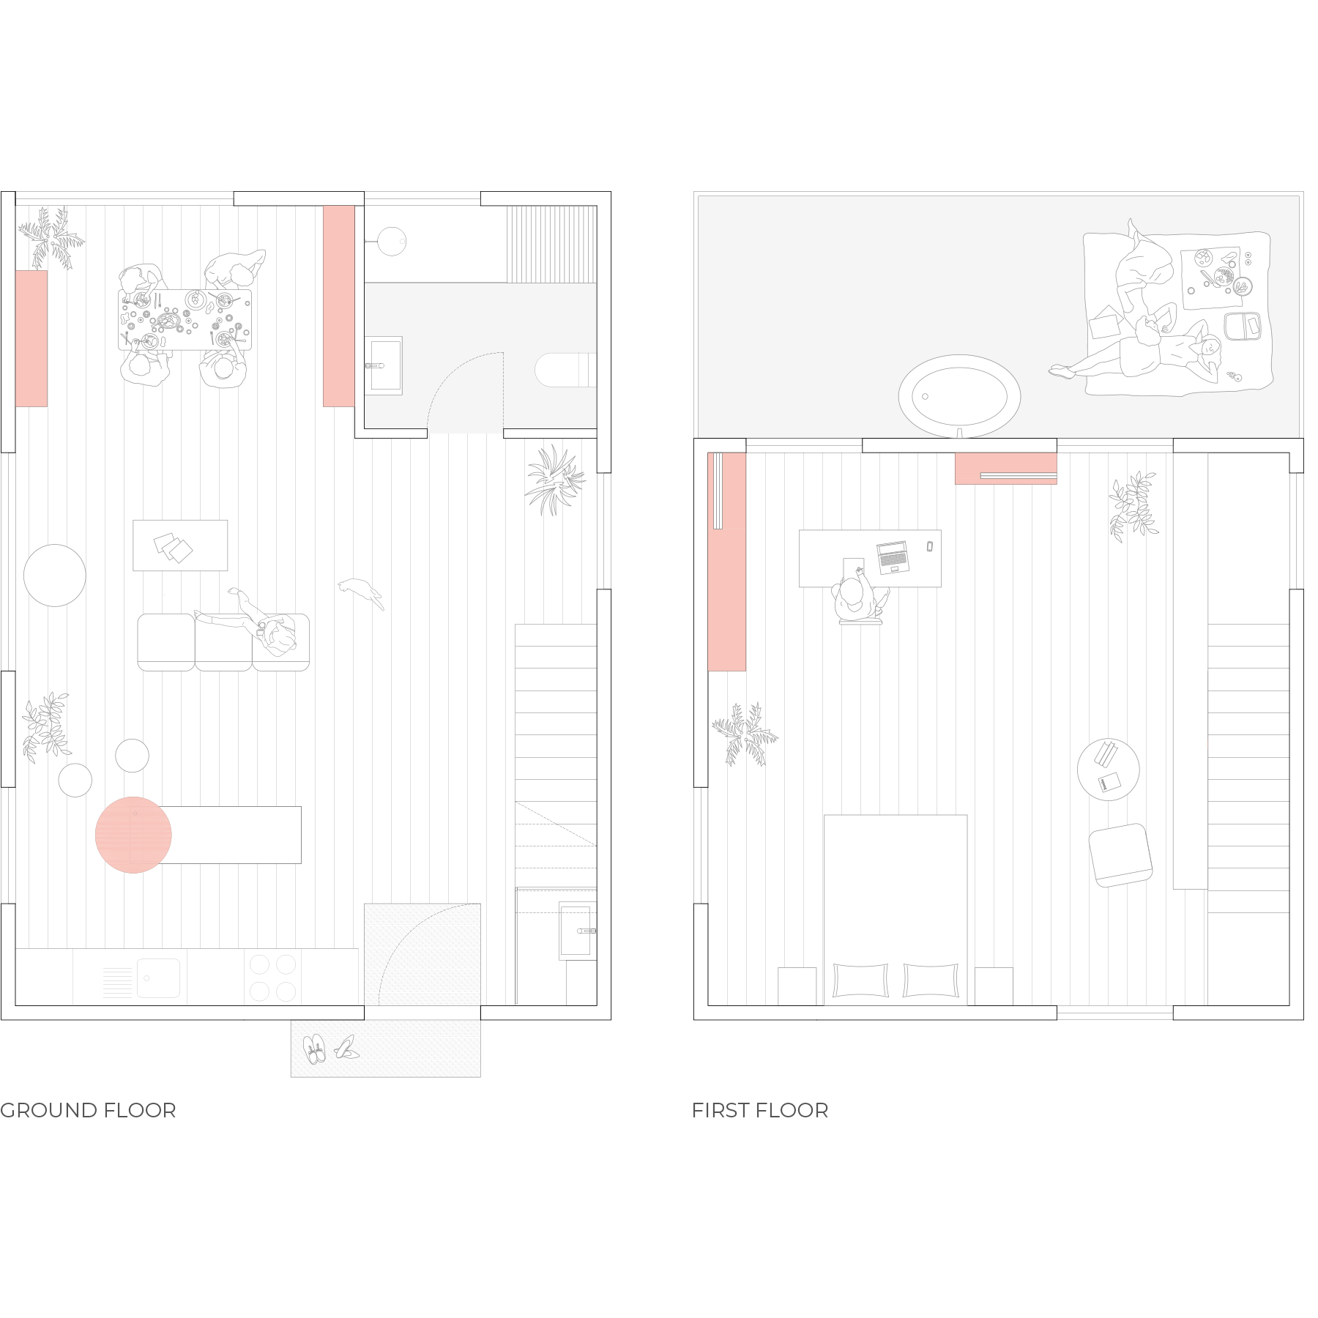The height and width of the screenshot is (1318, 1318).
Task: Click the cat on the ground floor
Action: (x=361, y=592)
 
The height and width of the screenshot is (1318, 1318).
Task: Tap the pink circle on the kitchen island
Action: (x=133, y=835)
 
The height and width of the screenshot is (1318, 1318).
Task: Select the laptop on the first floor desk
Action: (x=893, y=557)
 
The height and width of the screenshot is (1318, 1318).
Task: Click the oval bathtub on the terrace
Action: (x=959, y=396)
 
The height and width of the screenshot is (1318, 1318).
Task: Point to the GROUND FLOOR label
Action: (x=88, y=1110)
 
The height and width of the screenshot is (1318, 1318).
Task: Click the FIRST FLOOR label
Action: (x=760, y=1110)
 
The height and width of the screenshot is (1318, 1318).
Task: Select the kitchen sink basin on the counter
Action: (x=158, y=978)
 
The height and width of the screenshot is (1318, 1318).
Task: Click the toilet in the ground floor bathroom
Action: (x=565, y=370)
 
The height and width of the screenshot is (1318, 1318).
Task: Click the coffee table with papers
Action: (x=180, y=546)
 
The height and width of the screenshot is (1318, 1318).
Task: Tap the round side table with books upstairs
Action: (x=1108, y=770)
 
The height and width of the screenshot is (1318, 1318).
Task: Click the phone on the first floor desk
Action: (x=930, y=546)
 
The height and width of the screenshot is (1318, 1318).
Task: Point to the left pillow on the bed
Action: (x=861, y=980)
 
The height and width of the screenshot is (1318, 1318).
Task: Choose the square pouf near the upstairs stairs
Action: (x=1120, y=855)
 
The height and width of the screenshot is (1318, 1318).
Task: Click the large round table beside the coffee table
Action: (x=55, y=576)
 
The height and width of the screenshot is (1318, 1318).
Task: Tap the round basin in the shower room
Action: (x=392, y=241)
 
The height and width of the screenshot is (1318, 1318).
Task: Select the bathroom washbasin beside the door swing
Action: (x=384, y=365)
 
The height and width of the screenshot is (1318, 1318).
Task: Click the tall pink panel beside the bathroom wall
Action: (x=339, y=306)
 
